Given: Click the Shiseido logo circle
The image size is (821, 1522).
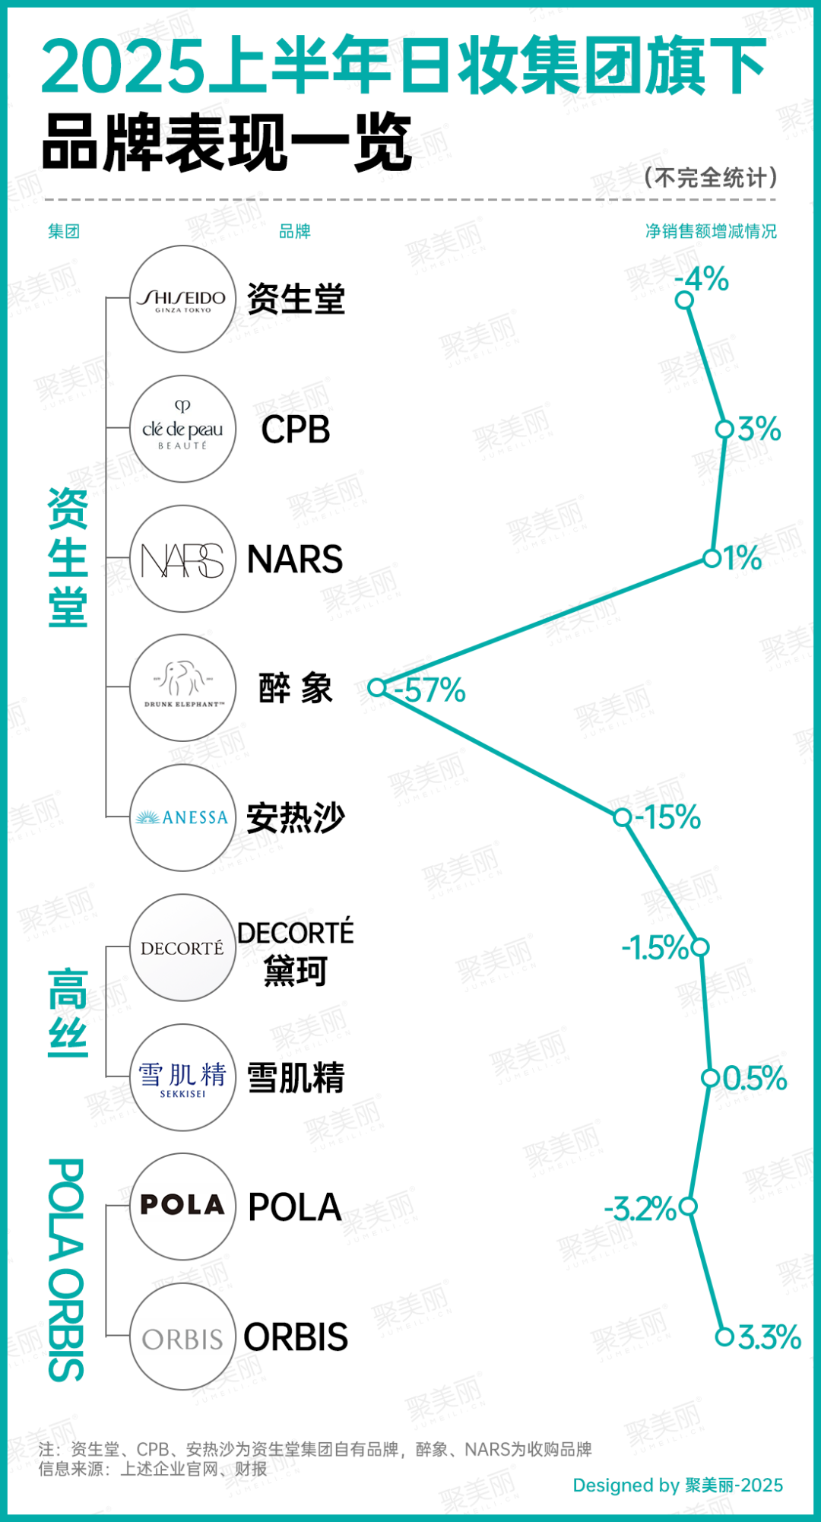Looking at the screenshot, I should pyautogui.click(x=182, y=299).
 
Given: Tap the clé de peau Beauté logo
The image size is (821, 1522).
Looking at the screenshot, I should pyautogui.click(x=182, y=429).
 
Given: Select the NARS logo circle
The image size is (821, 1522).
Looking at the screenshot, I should pyautogui.click(x=182, y=559).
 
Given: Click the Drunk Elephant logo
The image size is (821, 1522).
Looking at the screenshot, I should pyautogui.click(x=182, y=688).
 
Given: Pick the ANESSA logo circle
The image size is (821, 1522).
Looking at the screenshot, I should pyautogui.click(x=182, y=818).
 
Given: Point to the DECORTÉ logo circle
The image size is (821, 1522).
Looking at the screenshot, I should pyautogui.click(x=182, y=948).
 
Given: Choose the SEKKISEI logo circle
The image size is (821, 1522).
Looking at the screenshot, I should pyautogui.click(x=182, y=1077).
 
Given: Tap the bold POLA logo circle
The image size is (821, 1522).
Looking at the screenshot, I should pyautogui.click(x=182, y=1207).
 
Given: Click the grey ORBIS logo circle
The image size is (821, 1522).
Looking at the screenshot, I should pyautogui.click(x=182, y=1337).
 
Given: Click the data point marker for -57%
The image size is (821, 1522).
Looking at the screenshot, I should pyautogui.click(x=376, y=687).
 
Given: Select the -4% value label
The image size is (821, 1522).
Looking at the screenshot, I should pyautogui.click(x=702, y=279).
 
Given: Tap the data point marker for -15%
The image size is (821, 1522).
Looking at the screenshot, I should pyautogui.click(x=623, y=817).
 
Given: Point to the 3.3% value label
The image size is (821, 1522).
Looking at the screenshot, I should pyautogui.click(x=769, y=1337).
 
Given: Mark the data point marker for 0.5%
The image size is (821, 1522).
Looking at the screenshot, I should pyautogui.click(x=710, y=1077).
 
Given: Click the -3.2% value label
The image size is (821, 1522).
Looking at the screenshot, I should pyautogui.click(x=640, y=1208).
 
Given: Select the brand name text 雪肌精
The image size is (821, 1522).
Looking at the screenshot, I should pyautogui.click(x=296, y=1078).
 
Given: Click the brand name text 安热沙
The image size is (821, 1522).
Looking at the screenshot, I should pyautogui.click(x=296, y=818).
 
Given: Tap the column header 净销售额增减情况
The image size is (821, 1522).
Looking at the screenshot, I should pyautogui.click(x=711, y=231).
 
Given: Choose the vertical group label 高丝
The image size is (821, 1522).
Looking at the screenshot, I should pyautogui.click(x=68, y=1013).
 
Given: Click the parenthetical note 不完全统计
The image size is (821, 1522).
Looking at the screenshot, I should pyautogui.click(x=711, y=177).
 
